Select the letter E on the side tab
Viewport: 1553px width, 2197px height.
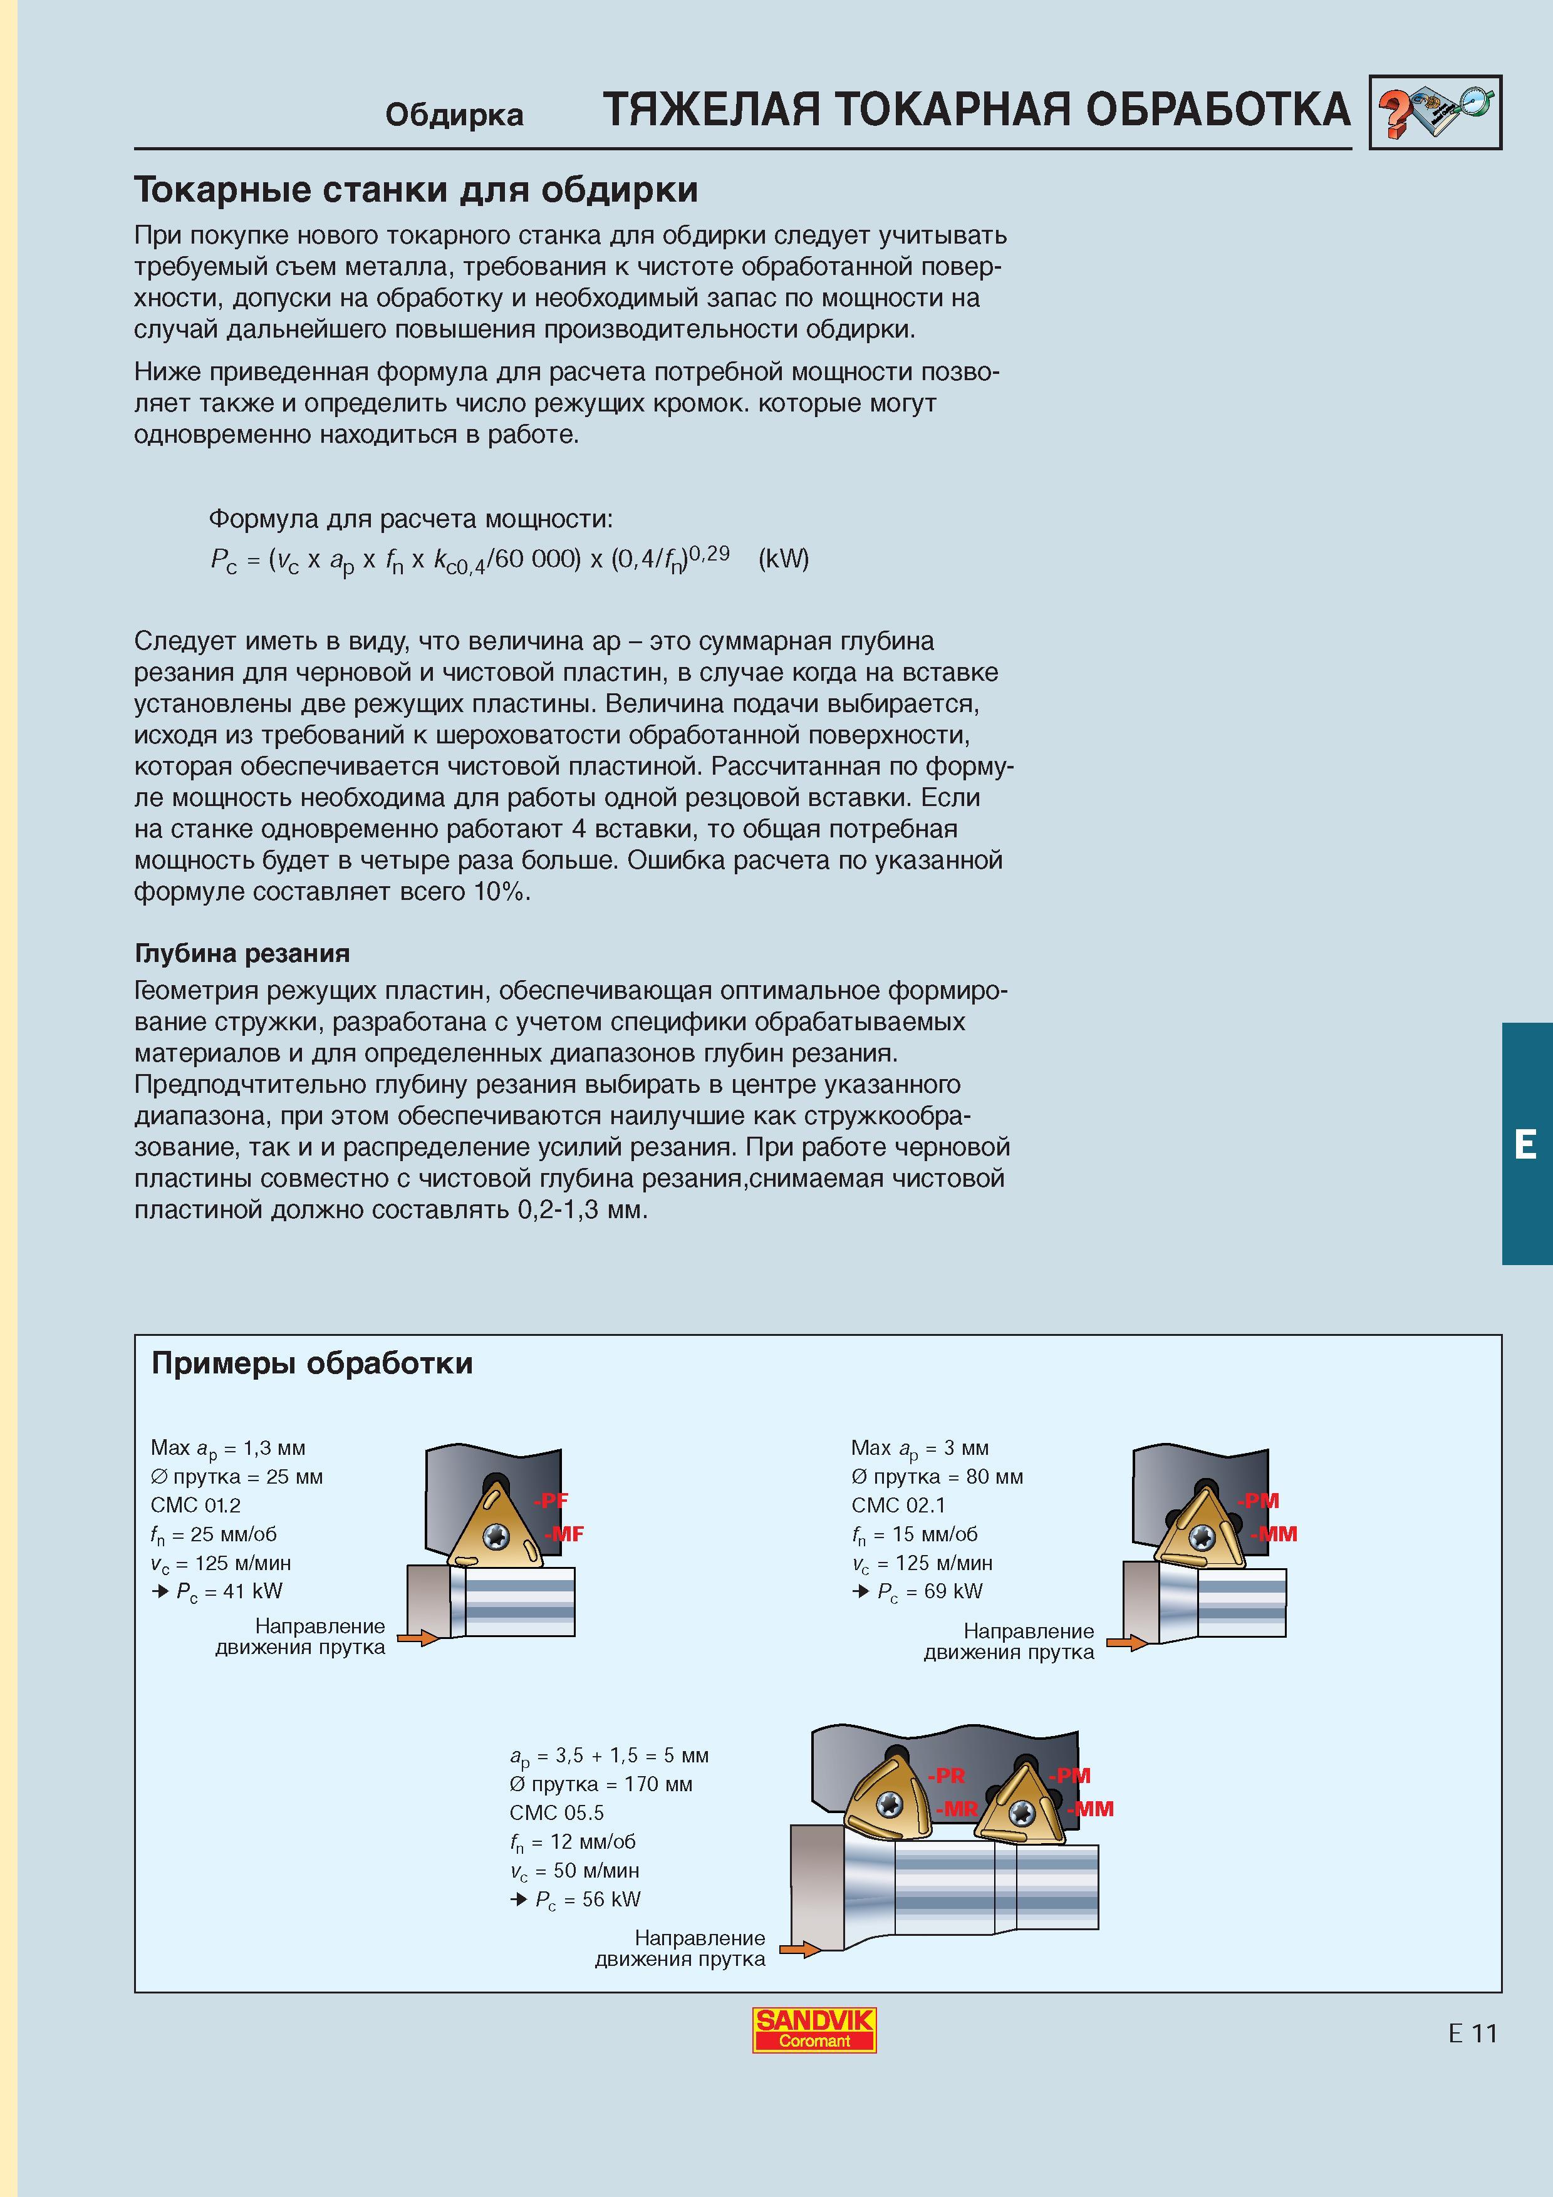pos(1525,1144)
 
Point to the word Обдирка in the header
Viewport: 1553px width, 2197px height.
pos(455,115)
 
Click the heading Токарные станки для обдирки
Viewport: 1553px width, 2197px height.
pos(415,190)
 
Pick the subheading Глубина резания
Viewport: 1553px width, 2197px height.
pos(242,953)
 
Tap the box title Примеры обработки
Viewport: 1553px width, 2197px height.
pos(312,1363)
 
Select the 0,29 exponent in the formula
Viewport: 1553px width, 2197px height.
pos(709,552)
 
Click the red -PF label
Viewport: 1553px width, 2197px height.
pos(551,1501)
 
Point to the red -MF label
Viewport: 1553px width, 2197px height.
pos(564,1534)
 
